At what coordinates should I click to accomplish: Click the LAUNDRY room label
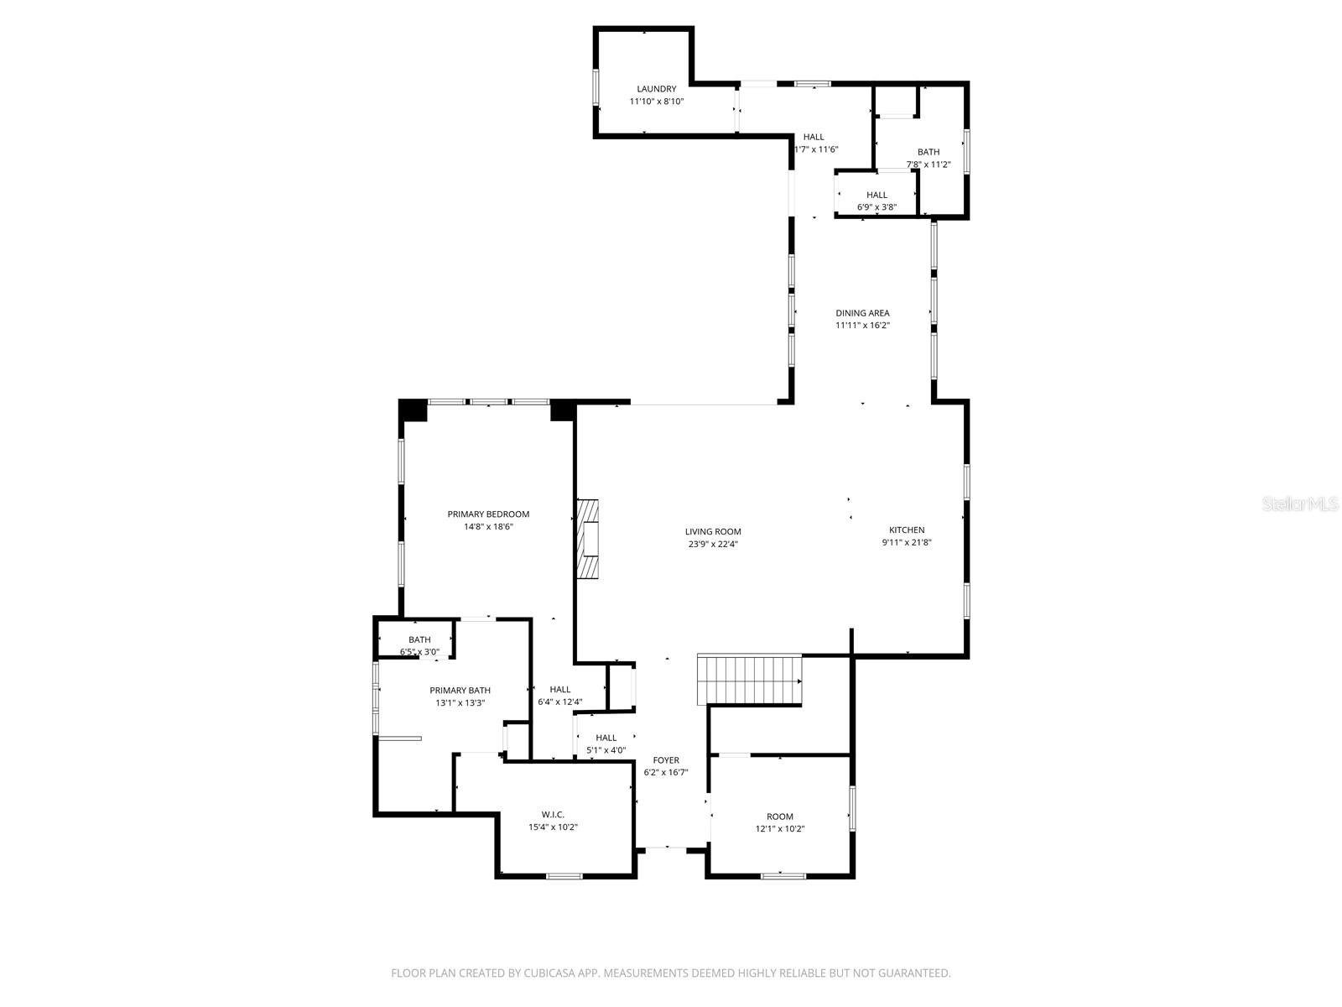(x=656, y=89)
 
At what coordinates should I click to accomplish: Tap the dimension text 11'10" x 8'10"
(x=657, y=102)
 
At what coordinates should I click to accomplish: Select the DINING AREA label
(x=862, y=313)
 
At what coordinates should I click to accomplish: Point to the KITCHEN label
(x=907, y=530)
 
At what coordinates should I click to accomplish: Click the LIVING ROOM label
(x=713, y=531)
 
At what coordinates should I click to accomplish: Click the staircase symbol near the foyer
(x=750, y=679)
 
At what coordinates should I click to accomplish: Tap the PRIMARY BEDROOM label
(x=488, y=514)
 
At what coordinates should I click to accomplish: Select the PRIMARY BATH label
(x=460, y=691)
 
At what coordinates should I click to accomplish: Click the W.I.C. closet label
(x=553, y=814)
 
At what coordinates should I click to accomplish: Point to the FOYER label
(x=666, y=760)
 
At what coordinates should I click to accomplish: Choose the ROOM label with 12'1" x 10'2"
(x=780, y=817)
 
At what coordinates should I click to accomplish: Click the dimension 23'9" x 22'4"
(x=713, y=544)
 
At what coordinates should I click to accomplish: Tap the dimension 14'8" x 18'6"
(x=488, y=527)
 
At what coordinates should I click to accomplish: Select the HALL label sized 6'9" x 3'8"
(x=876, y=195)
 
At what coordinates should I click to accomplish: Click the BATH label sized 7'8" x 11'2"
(x=928, y=152)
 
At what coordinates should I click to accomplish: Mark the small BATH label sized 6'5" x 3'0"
(x=419, y=639)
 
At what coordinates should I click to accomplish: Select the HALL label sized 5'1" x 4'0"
(x=606, y=738)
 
